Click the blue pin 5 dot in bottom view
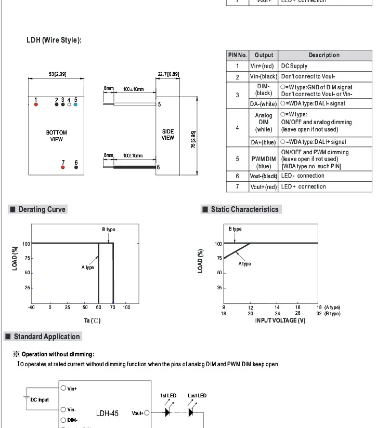click(75, 104)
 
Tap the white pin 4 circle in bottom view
click(69, 104)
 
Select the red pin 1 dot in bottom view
click(36, 104)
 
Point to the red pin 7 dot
click(63, 168)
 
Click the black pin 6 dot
click(76, 168)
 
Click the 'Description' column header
click(323, 55)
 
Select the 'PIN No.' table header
click(237, 55)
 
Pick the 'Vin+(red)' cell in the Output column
click(262, 66)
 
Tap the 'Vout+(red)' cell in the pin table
click(264, 187)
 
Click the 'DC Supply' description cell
click(294, 66)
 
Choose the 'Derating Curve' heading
click(42, 209)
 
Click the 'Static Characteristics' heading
click(244, 209)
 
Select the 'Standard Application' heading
click(47, 337)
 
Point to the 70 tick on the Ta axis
click(112, 307)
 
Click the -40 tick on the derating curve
click(31, 307)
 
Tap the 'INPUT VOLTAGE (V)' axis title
click(280, 320)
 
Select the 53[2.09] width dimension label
click(57, 74)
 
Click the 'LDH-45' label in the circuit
click(107, 413)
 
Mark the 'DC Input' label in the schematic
click(40, 399)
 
